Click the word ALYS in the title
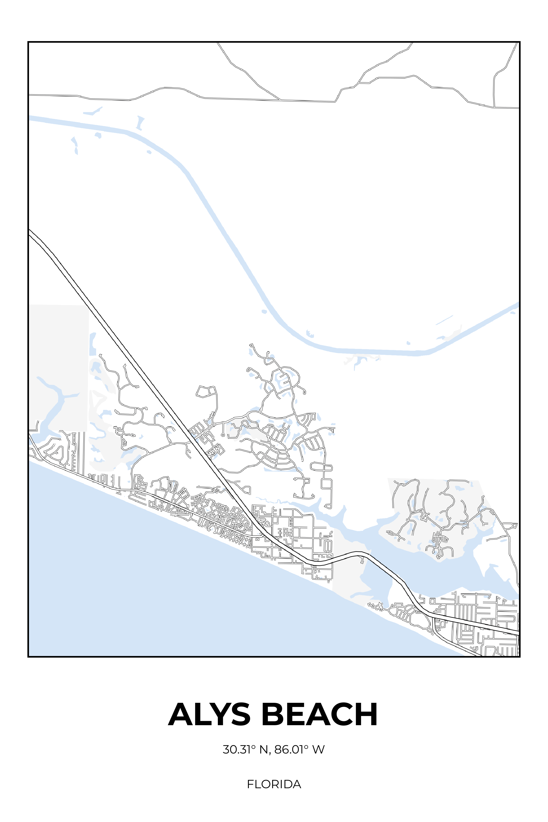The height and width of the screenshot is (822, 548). [x=209, y=714]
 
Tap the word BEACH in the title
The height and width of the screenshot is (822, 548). [x=319, y=714]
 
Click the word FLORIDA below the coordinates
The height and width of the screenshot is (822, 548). [x=274, y=784]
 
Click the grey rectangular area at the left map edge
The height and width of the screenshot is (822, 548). [x=58, y=350]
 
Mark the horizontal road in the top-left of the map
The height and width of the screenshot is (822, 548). [x=87, y=96]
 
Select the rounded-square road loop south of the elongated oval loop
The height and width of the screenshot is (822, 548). [x=326, y=484]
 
